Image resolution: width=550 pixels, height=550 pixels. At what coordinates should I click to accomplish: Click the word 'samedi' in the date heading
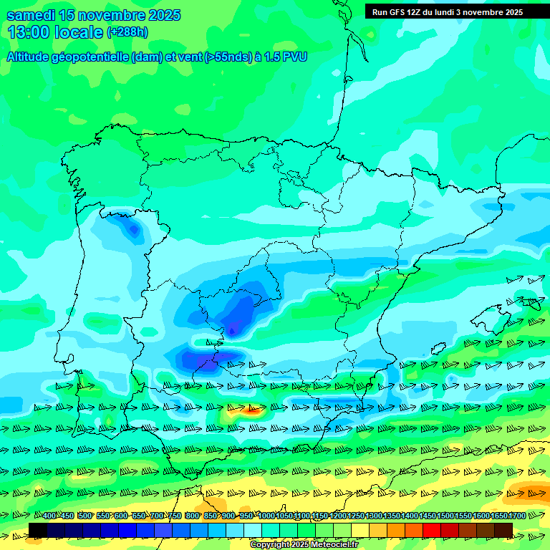coord(31,15)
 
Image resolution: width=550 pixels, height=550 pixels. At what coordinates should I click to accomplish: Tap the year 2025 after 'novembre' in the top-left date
coord(160,15)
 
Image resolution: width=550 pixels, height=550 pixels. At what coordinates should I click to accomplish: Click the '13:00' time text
coord(29,32)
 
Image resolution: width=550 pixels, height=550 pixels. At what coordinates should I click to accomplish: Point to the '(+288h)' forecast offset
coord(127,32)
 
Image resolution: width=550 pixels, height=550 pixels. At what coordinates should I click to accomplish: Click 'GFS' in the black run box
coord(399,12)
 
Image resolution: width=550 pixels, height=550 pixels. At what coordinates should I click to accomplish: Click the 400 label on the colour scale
coord(49,516)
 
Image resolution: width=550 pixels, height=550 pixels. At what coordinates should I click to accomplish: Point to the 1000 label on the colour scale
coord(266,516)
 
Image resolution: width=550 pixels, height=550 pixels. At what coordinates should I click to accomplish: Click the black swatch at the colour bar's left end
coord(38,530)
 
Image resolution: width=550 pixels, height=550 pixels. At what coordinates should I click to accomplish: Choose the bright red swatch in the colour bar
coord(432,530)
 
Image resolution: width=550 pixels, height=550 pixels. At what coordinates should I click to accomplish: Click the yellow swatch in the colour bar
coord(360,530)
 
